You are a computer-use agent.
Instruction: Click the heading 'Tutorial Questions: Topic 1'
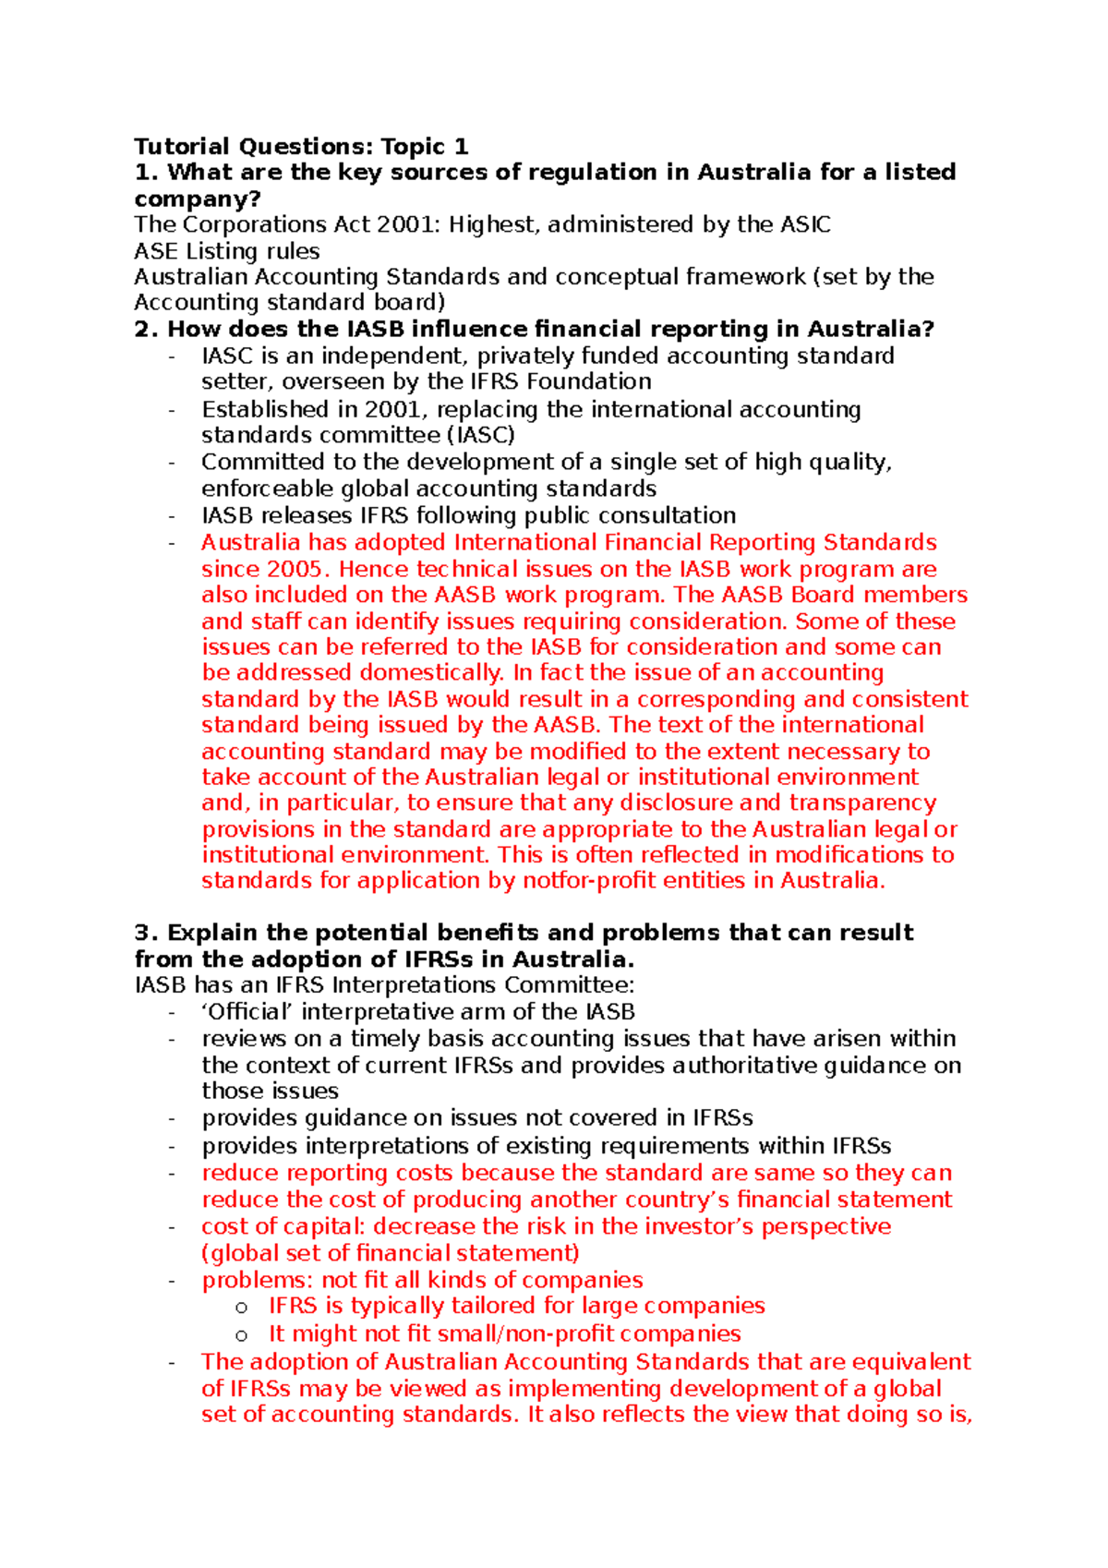point(301,146)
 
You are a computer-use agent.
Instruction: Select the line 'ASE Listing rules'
point(226,251)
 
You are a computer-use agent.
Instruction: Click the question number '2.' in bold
point(147,330)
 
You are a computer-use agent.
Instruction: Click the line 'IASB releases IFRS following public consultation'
point(468,515)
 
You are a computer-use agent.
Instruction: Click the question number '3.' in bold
point(147,933)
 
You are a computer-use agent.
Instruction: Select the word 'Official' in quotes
point(247,1012)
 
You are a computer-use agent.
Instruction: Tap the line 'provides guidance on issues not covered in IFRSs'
point(476,1118)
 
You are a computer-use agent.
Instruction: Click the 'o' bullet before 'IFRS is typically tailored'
point(242,1308)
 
